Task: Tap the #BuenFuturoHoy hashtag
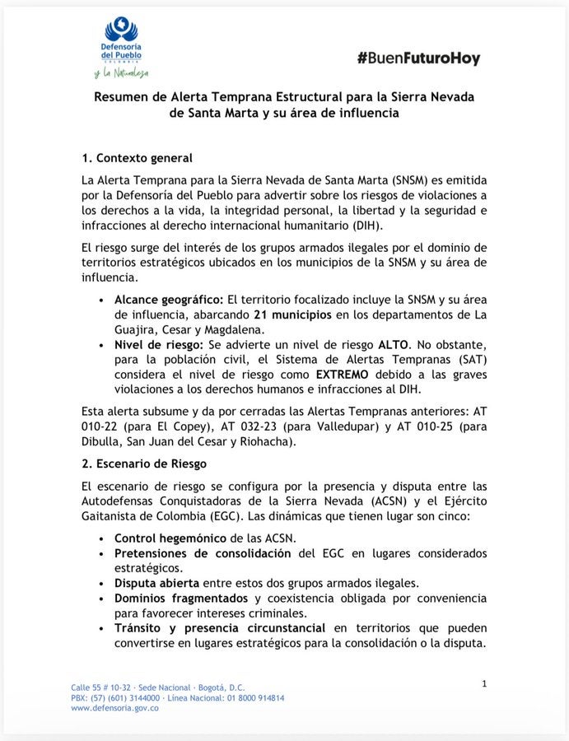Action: pyautogui.click(x=418, y=58)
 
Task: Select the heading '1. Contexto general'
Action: pyautogui.click(x=137, y=158)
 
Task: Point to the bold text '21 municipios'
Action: pyautogui.click(x=292, y=315)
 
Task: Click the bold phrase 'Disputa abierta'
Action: pyautogui.click(x=156, y=582)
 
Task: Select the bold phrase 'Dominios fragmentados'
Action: pyautogui.click(x=181, y=598)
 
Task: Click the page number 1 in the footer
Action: pyautogui.click(x=484, y=683)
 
